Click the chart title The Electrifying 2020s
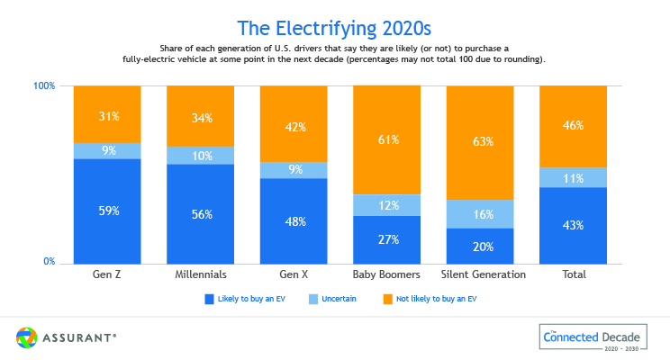(335, 26)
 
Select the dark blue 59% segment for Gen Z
(108, 211)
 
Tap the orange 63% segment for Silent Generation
(481, 141)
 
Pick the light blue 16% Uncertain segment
(481, 214)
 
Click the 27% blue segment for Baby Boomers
(388, 239)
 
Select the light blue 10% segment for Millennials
(202, 156)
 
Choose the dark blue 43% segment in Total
(574, 225)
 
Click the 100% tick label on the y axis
(45, 86)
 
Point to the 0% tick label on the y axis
(49, 262)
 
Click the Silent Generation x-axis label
(481, 274)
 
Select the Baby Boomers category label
(388, 274)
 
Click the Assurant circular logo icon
(26, 337)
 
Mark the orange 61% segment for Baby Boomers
(388, 139)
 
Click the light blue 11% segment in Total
(574, 177)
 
